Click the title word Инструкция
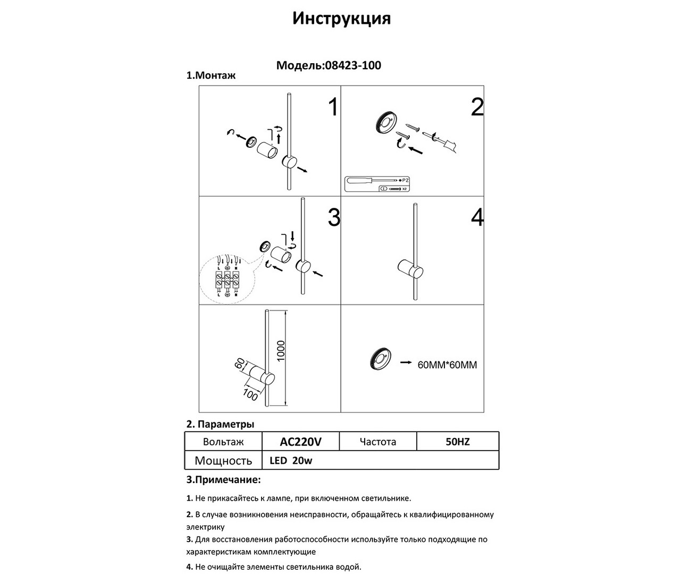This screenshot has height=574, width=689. pyautogui.click(x=341, y=19)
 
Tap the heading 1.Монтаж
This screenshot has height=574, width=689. pyautogui.click(x=211, y=75)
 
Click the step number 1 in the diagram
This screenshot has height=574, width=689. pyautogui.click(x=333, y=107)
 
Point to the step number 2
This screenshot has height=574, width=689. pyautogui.click(x=477, y=107)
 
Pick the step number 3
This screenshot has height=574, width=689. pyautogui.click(x=333, y=218)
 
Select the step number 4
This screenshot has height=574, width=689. pyautogui.click(x=477, y=218)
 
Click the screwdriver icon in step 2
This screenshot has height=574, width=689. pyautogui.click(x=372, y=180)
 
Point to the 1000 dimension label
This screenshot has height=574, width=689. pyautogui.click(x=281, y=351)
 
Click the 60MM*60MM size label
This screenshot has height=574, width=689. pyautogui.click(x=447, y=365)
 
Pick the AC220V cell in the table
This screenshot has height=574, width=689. pyautogui.click(x=300, y=442)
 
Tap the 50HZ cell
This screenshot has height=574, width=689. pyautogui.click(x=457, y=442)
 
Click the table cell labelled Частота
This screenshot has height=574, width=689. pyautogui.click(x=377, y=442)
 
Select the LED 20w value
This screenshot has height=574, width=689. pyautogui.click(x=291, y=461)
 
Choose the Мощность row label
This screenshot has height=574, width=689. pyautogui.click(x=223, y=461)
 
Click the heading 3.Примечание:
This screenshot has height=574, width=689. pyautogui.click(x=223, y=480)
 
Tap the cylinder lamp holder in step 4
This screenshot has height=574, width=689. pyautogui.click(x=410, y=270)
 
